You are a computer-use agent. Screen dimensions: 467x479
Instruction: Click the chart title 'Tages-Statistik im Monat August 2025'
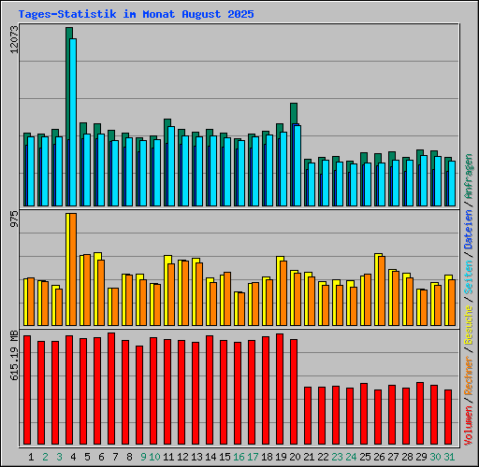136,15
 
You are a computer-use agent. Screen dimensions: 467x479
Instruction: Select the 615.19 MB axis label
13,355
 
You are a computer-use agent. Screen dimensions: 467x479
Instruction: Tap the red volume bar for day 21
308,417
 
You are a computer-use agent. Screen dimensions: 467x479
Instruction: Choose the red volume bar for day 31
448,418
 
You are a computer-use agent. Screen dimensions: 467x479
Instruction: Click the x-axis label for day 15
225,457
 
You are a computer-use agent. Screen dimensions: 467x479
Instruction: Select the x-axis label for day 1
31,457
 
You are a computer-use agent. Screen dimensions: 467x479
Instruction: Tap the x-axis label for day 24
351,457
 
